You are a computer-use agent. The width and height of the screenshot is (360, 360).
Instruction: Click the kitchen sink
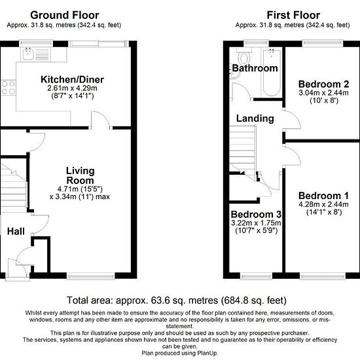[35, 54]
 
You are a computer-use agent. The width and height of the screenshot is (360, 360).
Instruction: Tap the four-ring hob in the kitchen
[9, 88]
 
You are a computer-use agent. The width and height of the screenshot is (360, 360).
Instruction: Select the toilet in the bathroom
[243, 57]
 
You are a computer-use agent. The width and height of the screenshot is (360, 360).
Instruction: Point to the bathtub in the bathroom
[272, 73]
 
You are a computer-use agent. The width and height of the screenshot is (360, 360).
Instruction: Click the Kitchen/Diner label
[72, 79]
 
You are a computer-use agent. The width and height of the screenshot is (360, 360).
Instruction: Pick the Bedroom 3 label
[256, 214]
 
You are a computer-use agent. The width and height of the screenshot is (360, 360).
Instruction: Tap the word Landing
[255, 118]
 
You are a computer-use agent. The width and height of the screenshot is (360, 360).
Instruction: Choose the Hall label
[16, 231]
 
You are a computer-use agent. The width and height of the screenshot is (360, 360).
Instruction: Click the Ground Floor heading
[65, 15]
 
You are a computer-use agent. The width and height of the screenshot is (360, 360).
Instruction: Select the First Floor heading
[293, 15]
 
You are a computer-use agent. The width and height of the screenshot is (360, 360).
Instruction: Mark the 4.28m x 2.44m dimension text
[323, 204]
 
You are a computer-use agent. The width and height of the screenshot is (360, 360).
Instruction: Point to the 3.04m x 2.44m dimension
[323, 93]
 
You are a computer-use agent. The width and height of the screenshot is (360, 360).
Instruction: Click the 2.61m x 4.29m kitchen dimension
[72, 88]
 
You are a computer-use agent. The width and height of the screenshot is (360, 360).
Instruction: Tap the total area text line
[177, 300]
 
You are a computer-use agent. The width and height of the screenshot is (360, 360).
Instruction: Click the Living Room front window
[91, 276]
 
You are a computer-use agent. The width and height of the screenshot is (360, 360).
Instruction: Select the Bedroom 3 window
[256, 276]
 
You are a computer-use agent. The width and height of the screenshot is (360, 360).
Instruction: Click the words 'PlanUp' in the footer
[207, 353]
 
